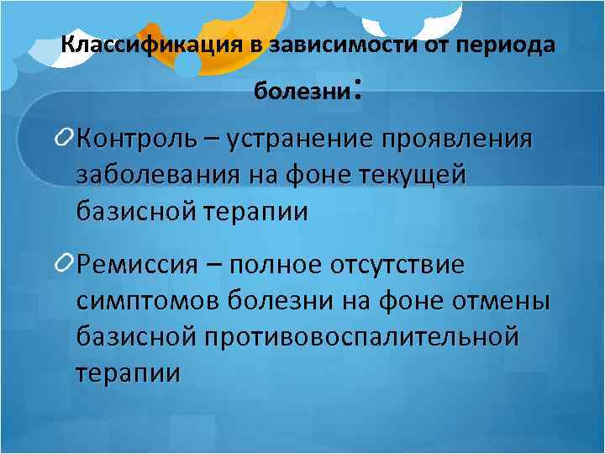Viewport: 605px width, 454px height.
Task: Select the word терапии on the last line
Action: tap(128, 372)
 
